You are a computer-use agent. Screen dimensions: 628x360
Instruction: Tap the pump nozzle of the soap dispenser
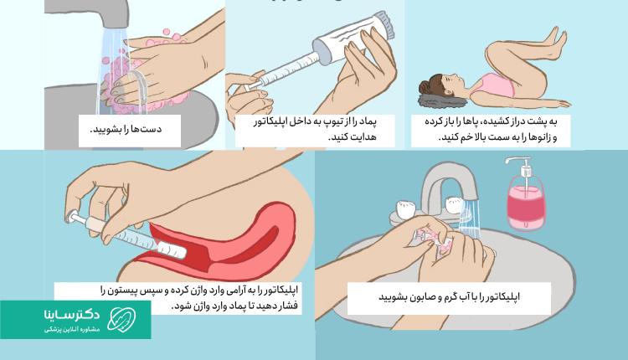pos(516,160)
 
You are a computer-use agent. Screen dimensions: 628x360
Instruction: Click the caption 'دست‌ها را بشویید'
pos(126,129)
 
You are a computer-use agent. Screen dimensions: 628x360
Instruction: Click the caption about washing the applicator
pos(450,297)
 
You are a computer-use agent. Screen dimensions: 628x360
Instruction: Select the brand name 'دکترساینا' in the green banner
pos(71,314)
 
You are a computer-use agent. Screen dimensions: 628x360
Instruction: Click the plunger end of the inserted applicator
pos(73,217)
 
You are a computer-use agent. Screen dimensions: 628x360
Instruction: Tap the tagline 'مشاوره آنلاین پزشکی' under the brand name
pos(72,330)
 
